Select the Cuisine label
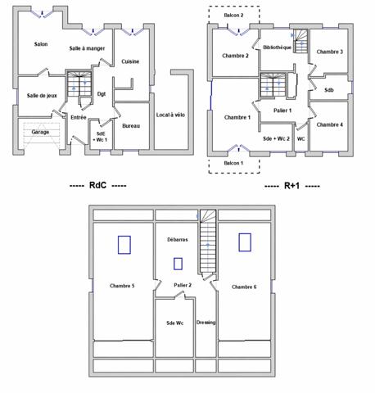tap(130, 61)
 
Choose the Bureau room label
tap(130, 126)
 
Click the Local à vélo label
tap(170, 115)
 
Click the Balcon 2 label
tap(233, 15)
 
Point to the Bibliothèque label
tap(277, 47)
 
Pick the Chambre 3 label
tap(329, 52)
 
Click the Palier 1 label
tap(282, 110)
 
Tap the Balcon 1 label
tap(233, 164)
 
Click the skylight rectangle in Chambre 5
tap(124, 244)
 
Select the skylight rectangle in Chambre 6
tap(244, 242)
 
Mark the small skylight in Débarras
tap(178, 264)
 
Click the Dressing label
tap(206, 323)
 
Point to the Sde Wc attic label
tap(174, 323)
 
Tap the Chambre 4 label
tap(329, 124)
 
